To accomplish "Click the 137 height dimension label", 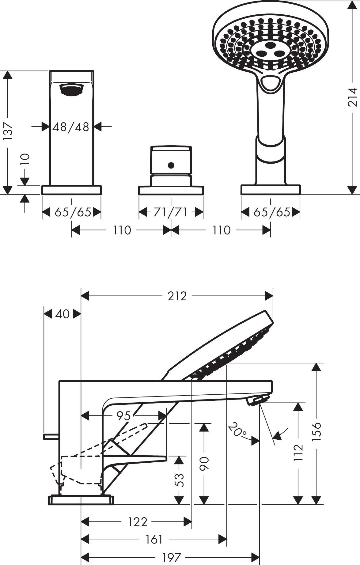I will [8, 132].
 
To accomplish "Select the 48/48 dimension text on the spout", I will [71, 127].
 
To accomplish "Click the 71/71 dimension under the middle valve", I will [170, 212].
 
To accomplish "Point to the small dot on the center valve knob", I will [171, 165].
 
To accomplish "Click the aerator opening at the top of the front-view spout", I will [72, 90].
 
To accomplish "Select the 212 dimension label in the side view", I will [177, 296].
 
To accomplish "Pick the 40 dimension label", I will [63, 314].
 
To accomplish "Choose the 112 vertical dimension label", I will [298, 453].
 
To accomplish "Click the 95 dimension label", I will [124, 416].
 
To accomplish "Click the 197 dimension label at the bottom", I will [172, 557].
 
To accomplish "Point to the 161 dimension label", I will [154, 539].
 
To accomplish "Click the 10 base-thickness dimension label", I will [26, 159].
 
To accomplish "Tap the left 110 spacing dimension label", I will [122, 230].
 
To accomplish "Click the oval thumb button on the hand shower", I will [270, 83].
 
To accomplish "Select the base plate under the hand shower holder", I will [271, 190].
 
